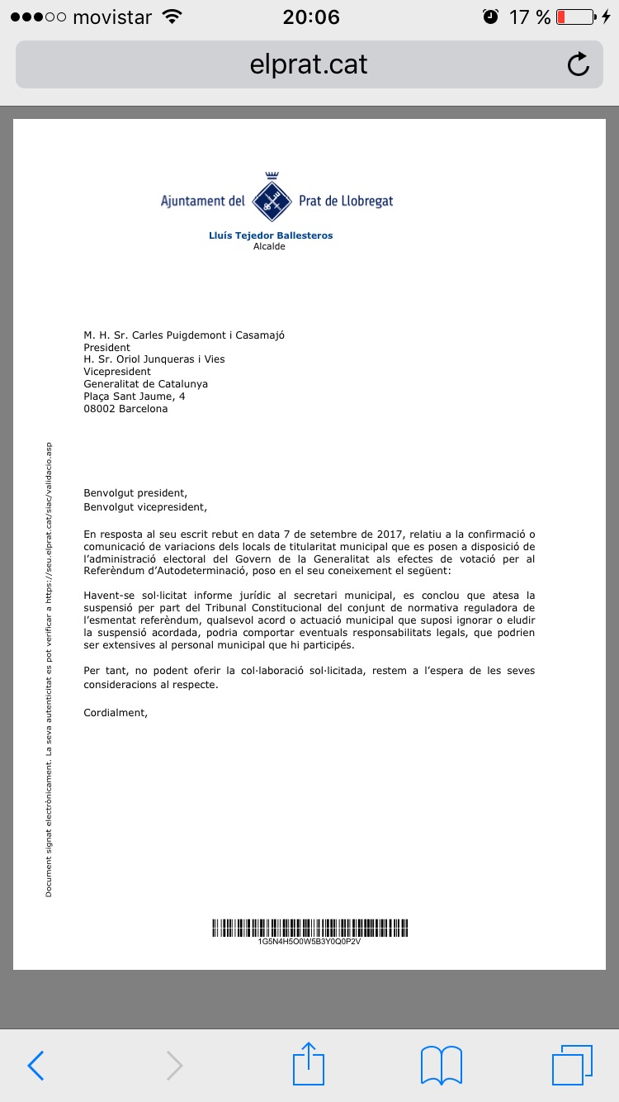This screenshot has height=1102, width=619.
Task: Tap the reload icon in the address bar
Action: click(579, 64)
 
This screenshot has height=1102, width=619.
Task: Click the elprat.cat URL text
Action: click(309, 64)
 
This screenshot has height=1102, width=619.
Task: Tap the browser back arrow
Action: click(35, 1066)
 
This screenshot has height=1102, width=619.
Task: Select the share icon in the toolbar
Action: click(309, 1064)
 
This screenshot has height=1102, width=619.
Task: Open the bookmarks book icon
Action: click(441, 1066)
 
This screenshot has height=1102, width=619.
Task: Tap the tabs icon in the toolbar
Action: click(572, 1066)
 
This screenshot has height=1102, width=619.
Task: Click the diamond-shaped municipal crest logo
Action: click(272, 198)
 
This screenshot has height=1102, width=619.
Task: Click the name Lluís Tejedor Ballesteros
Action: click(271, 235)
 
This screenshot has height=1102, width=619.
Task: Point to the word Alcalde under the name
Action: click(269, 246)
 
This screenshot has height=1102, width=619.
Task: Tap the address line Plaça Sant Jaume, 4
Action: click(135, 397)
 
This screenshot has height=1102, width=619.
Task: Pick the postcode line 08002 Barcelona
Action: click(125, 409)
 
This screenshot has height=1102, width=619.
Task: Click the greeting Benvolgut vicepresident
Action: click(145, 507)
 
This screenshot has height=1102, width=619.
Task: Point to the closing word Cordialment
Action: click(116, 711)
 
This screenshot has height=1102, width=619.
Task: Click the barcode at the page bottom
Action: click(309, 927)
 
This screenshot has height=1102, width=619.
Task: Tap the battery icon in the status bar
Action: click(576, 17)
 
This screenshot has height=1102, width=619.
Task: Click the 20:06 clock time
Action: click(310, 17)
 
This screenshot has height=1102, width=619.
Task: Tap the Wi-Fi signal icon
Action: click(172, 17)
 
